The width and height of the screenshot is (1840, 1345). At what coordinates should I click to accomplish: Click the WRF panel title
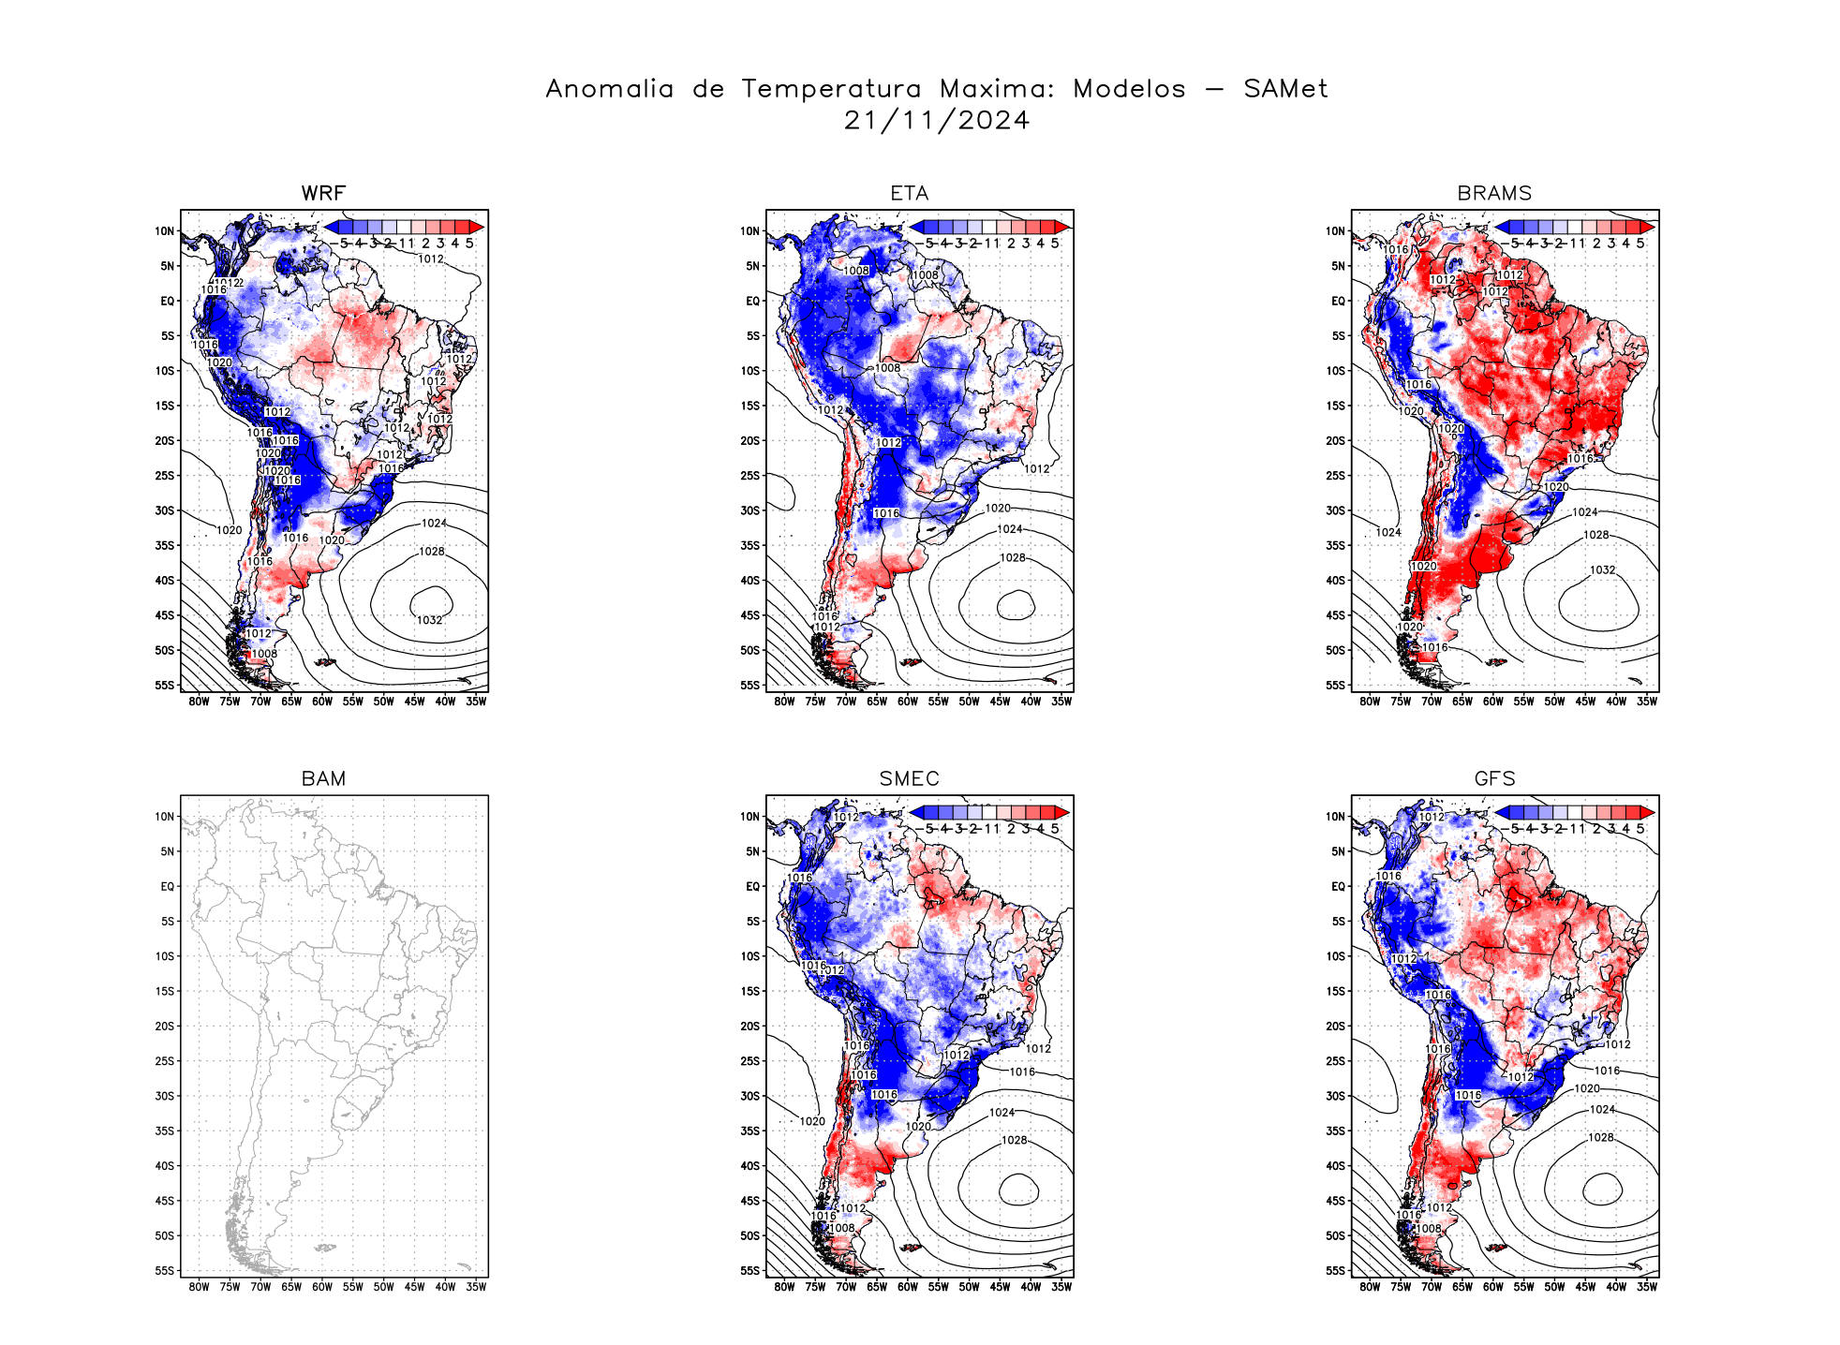coord(323,193)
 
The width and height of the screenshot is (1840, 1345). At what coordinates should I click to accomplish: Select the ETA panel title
coord(909,193)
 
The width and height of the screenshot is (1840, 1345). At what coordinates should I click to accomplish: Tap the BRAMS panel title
coord(1494,193)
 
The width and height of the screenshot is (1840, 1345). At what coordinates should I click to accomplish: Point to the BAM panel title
coord(323,778)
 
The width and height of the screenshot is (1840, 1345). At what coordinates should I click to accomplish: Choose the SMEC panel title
coord(909,778)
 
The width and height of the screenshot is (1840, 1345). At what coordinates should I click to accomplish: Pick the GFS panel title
coord(1494,778)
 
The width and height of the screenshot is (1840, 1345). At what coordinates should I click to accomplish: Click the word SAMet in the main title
coord(1285,89)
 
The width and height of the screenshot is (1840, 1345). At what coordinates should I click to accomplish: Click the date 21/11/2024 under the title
coord(937,121)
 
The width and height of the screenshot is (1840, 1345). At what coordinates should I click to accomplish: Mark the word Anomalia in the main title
coord(610,89)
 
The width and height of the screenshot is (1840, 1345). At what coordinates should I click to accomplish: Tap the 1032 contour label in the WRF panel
coord(430,620)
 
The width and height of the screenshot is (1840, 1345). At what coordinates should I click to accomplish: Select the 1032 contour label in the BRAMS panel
coord(1602,569)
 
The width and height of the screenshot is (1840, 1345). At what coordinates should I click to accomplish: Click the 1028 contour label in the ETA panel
coord(1013,557)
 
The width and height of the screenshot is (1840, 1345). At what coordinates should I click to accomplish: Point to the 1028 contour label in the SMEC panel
coord(1015,1140)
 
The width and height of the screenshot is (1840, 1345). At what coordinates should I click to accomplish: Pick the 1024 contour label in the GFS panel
coord(1602,1109)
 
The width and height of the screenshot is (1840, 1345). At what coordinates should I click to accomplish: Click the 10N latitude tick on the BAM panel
coord(165,817)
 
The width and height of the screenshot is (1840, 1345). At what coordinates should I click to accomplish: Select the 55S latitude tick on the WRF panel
coord(165,686)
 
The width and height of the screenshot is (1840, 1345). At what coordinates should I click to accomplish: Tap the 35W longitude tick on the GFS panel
coord(1647,1287)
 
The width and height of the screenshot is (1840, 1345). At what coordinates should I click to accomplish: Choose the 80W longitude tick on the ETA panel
coord(784,702)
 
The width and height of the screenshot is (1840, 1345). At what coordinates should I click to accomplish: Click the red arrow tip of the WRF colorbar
coord(478,227)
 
